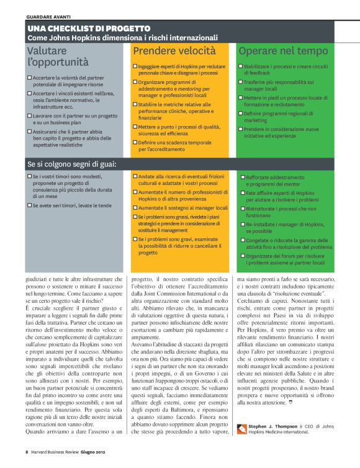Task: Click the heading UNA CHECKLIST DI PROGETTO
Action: tap(89, 29)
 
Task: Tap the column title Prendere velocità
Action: tap(174, 51)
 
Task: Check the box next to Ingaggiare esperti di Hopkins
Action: tap(135, 66)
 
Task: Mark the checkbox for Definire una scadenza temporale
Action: tap(135, 142)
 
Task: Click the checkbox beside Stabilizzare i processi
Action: tap(240, 66)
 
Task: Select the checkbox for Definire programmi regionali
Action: tap(240, 114)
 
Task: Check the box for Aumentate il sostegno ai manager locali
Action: tap(135, 208)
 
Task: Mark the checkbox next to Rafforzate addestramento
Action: tap(243, 178)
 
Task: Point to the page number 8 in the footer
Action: tap(27, 451)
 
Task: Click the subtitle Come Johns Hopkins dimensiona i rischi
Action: tap(123, 38)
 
